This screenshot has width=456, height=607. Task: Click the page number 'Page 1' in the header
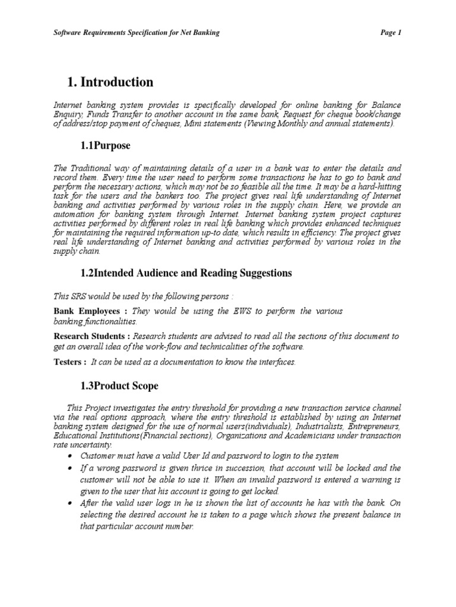point(391,33)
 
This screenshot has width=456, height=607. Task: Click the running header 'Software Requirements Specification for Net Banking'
point(137,33)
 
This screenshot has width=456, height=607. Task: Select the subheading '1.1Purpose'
point(105,145)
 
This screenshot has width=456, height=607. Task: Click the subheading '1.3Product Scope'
point(119,386)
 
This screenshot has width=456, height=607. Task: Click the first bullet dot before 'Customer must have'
point(71,456)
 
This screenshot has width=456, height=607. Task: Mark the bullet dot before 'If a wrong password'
point(71,468)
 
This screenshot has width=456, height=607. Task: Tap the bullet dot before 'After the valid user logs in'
point(71,504)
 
